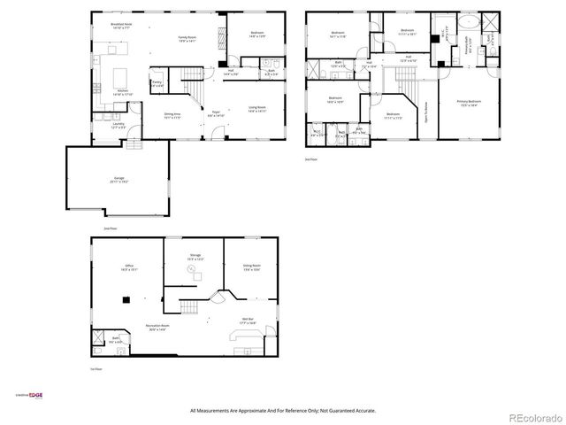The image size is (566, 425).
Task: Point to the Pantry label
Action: coord(157,83)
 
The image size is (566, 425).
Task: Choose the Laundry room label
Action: coord(119,126)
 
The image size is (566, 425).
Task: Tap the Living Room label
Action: coord(256,109)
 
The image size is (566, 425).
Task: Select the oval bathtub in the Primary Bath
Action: coord(465,23)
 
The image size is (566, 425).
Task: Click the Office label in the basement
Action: coord(128,266)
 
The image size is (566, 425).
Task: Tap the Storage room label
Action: coord(195,257)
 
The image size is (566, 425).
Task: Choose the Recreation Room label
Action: coord(158,328)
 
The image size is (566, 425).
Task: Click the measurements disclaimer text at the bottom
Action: coord(283,410)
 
